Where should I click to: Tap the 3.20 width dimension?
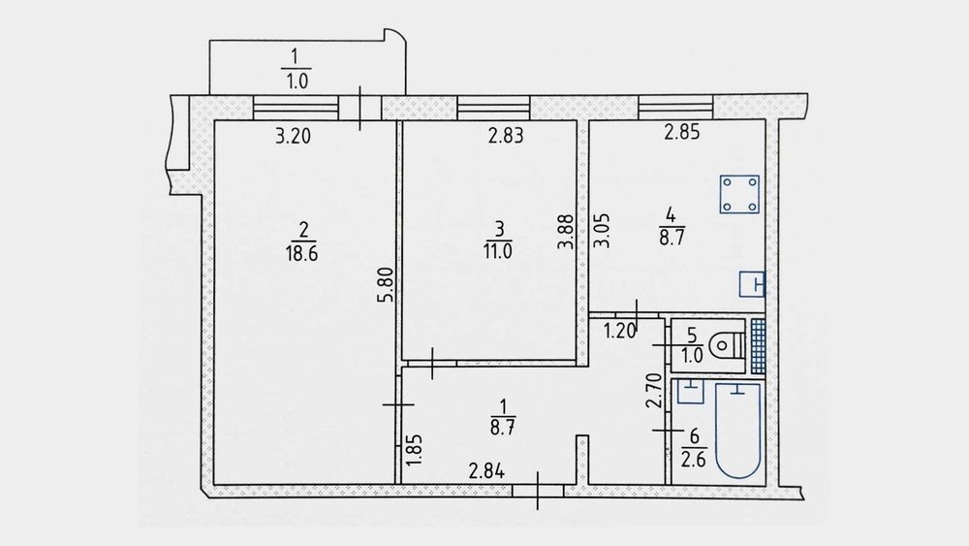tap(293, 136)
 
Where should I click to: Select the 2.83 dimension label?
tap(506, 136)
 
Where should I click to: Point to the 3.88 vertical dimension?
tap(566, 231)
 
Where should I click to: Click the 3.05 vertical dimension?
tap(602, 231)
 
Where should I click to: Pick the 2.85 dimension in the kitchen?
tap(681, 132)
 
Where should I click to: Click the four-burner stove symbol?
tap(739, 194)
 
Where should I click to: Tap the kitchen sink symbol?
tap(752, 284)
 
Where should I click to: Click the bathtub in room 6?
tap(737, 431)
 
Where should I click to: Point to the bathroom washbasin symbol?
tap(691, 392)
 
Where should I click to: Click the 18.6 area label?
tap(301, 253)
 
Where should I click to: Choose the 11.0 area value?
tap(497, 252)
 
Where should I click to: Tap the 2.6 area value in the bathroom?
tap(694, 460)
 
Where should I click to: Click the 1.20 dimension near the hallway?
tap(619, 332)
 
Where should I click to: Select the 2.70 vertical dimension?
tap(654, 391)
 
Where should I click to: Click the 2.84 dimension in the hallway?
tap(486, 471)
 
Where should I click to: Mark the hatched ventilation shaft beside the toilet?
tap(759, 347)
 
